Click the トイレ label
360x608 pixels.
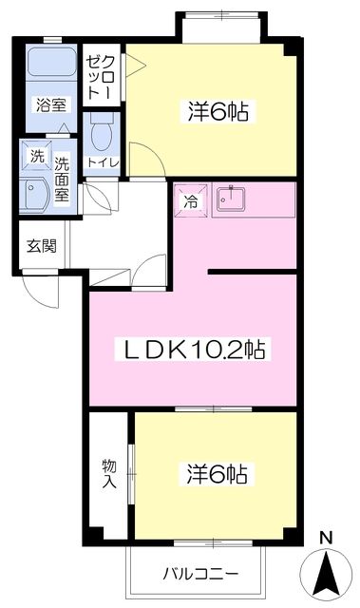[x=103, y=161]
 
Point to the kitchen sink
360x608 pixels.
[x=229, y=200]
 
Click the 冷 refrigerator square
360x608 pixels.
[x=191, y=200]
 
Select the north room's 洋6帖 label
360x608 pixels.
[x=218, y=112]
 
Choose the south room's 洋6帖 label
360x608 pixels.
[x=218, y=473]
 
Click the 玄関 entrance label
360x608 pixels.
[x=41, y=246]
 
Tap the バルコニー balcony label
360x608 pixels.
[x=199, y=574]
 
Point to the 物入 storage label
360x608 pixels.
[x=108, y=473]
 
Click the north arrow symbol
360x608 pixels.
[x=326, y=573]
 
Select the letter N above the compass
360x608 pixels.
[x=326, y=539]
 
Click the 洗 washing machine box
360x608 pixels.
[x=36, y=154]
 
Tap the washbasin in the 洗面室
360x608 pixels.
[x=39, y=194]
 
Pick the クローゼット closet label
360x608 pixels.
[x=95, y=75]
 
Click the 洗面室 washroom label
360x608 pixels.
[x=62, y=177]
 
